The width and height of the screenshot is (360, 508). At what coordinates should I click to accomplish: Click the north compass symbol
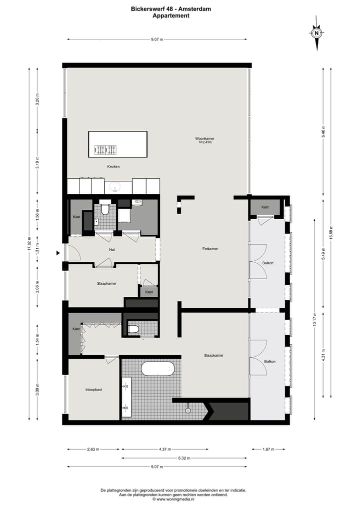click(x=316, y=33)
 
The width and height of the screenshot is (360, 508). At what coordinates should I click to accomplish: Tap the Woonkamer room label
click(x=204, y=138)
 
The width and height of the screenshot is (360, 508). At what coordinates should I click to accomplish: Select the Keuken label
click(x=113, y=166)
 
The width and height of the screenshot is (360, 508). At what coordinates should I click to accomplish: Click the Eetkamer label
click(x=210, y=249)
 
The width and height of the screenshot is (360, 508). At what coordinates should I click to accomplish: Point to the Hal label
click(x=112, y=250)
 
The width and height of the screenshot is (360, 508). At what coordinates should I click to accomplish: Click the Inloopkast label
click(x=93, y=390)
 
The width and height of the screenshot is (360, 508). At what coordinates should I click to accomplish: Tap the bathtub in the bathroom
click(x=157, y=369)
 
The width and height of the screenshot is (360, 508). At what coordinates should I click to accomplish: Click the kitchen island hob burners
click(x=105, y=149)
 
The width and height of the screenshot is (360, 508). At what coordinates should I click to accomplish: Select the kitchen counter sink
click(x=115, y=188)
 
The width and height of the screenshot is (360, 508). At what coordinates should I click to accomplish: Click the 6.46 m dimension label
click(x=323, y=131)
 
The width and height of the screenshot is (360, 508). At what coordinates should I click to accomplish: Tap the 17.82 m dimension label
click(x=29, y=244)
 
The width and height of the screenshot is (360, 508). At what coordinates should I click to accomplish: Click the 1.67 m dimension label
click(x=269, y=450)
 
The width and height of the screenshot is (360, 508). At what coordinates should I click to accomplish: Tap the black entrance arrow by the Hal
click(x=58, y=253)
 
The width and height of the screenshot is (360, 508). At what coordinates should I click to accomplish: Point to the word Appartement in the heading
click(x=171, y=15)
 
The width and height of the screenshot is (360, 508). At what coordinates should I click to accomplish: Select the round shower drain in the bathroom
click(x=188, y=411)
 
